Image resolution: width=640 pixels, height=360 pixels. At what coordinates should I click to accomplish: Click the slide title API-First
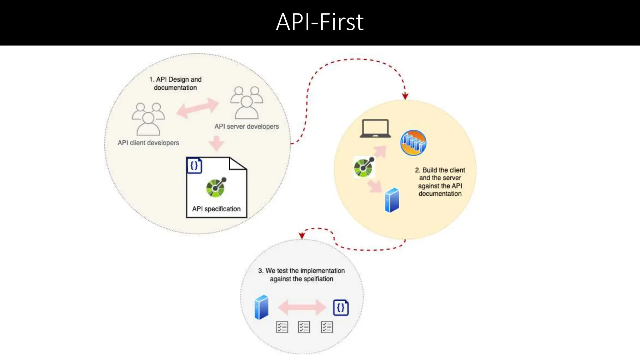[320, 22]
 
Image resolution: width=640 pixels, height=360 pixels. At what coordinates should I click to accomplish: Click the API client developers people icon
[148, 119]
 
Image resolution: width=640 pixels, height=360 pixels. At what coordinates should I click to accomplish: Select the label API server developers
[246, 127]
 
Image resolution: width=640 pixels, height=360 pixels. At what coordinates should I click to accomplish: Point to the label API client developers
[148, 143]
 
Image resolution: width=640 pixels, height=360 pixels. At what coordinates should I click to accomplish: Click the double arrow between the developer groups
[197, 108]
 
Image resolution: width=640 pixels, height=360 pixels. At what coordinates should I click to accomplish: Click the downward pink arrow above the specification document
[216, 143]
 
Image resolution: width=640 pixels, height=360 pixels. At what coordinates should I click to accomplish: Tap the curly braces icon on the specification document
[194, 165]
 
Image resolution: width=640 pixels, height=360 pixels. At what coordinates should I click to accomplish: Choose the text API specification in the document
[216, 209]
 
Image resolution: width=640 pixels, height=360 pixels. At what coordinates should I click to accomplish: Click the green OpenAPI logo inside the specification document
[216, 187]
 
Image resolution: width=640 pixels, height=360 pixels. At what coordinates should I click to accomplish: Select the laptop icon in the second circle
[375, 128]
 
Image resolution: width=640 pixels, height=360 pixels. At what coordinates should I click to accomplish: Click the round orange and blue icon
[413, 143]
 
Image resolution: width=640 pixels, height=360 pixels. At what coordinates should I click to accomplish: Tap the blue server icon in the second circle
[392, 200]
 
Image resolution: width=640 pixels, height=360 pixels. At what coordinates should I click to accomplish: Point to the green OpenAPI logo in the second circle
[364, 167]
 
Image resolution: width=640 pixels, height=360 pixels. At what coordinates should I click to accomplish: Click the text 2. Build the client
[440, 170]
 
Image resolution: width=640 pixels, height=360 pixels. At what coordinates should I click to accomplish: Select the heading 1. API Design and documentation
[175, 83]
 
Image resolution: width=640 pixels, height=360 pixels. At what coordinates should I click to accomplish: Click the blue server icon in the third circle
[261, 307]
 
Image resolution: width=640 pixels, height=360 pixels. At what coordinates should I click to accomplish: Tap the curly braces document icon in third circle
[341, 307]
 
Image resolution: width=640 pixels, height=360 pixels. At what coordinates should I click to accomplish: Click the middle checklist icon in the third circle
[304, 327]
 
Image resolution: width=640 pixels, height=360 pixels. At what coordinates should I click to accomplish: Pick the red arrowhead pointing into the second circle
[405, 96]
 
